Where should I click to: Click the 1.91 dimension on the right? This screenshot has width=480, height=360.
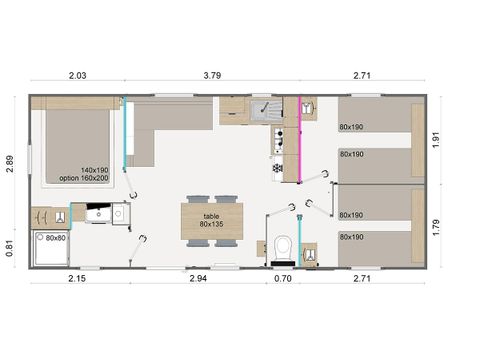coord(465,141)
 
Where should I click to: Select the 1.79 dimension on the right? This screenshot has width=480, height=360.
coord(465,226)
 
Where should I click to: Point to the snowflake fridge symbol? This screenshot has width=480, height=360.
coord(276,167)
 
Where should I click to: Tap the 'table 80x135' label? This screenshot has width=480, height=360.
coord(210,219)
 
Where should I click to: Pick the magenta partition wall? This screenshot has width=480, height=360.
coord(300,138)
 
